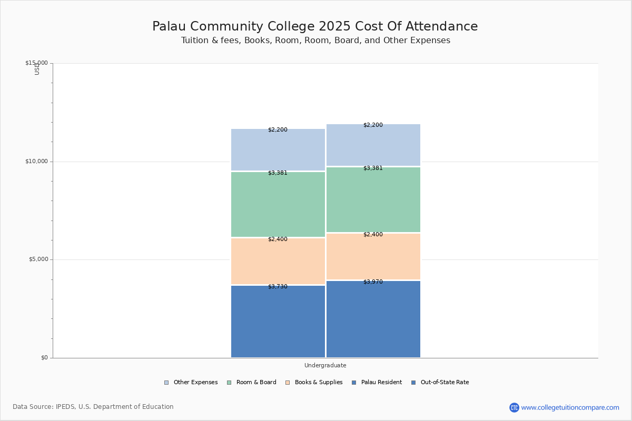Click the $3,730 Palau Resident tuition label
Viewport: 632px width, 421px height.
coord(278,287)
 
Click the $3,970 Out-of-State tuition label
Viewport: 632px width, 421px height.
coord(373,282)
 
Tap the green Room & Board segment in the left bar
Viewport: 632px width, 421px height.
coord(278,205)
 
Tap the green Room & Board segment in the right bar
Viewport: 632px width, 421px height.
coord(373,200)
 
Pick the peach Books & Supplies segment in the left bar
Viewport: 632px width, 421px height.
coord(278,262)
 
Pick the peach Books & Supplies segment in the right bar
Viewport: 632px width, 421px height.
coord(373,257)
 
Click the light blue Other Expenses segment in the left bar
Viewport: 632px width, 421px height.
coord(278,150)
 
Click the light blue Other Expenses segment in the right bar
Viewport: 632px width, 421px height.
coord(373,145)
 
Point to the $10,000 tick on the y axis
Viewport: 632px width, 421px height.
coord(36,162)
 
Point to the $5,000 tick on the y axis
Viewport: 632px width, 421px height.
coord(38,259)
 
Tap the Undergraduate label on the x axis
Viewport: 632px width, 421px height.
coord(325,365)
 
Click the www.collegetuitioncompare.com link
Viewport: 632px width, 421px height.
coord(570,407)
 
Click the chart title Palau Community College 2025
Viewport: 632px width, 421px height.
coord(315,26)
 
